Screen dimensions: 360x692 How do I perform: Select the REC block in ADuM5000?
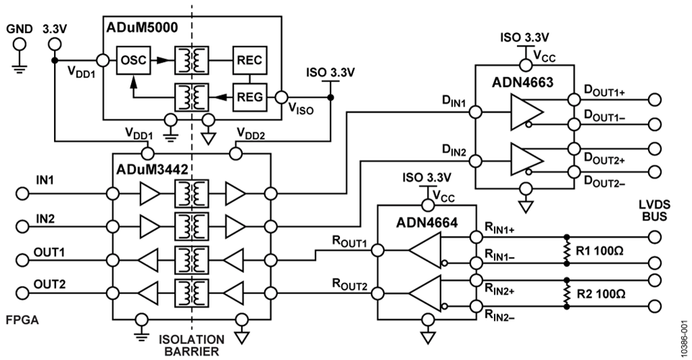[249, 61]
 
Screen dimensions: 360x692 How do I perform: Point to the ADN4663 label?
[523, 83]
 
